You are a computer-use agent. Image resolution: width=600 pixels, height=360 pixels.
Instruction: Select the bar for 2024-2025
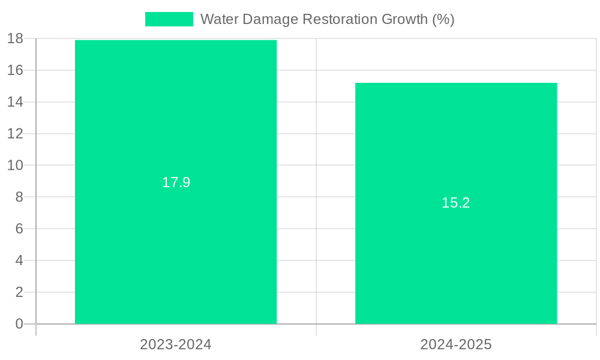(x=456, y=264)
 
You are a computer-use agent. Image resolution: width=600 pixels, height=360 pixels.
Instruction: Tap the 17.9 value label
(x=176, y=182)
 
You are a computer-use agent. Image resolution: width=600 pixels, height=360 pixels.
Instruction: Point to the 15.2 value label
(x=456, y=203)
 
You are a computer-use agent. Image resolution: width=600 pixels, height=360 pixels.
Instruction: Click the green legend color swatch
(x=169, y=19)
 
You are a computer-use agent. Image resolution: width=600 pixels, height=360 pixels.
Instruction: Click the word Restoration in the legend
(x=340, y=19)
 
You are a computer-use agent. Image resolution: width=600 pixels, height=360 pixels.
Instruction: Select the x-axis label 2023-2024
(x=176, y=344)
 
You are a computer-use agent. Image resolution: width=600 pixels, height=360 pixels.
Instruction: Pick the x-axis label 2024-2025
(x=456, y=344)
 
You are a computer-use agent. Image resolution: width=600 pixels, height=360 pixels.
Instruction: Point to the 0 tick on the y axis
(x=19, y=324)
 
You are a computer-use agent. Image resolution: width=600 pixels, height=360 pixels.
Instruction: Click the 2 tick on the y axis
(x=19, y=292)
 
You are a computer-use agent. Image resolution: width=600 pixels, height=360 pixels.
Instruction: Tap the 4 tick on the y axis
(x=19, y=260)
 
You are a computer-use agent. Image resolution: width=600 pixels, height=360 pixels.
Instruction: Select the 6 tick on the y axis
(x=19, y=229)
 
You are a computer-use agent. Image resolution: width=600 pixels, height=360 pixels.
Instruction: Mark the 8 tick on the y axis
(x=19, y=197)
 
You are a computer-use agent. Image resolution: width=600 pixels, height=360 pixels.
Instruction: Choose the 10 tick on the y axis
(x=15, y=165)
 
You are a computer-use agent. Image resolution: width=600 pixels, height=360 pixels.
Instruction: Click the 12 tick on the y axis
(x=15, y=134)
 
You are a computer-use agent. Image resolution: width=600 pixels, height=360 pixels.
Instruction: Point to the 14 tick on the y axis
(x=15, y=102)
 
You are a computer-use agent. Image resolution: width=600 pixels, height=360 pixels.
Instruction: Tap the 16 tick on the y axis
(x=15, y=70)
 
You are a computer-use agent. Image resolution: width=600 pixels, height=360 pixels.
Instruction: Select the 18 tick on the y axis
(x=15, y=38)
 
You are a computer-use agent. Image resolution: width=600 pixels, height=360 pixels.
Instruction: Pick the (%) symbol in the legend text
(x=443, y=19)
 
